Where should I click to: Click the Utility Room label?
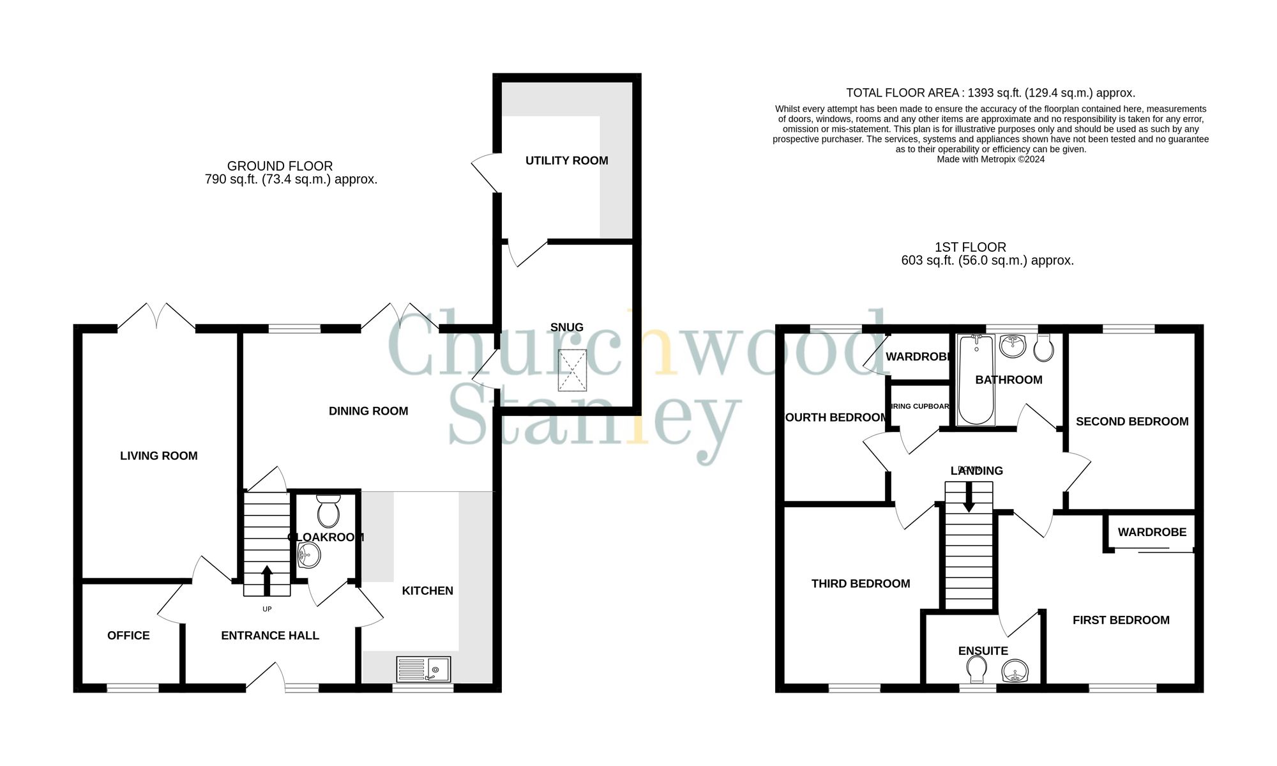point(566,161)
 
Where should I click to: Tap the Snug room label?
point(566,328)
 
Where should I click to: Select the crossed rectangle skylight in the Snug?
point(572,370)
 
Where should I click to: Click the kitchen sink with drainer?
point(423,670)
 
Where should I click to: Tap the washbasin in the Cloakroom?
point(309,555)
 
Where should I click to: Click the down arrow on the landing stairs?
point(969,498)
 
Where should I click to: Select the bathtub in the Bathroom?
point(976,379)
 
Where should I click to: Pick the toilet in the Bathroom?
point(1043,348)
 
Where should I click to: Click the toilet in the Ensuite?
point(976,670)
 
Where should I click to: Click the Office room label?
point(128,636)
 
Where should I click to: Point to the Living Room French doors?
point(156,317)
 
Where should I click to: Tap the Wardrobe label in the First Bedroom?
point(1152,532)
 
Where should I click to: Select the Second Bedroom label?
point(1132,422)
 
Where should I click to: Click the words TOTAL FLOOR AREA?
point(902,93)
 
